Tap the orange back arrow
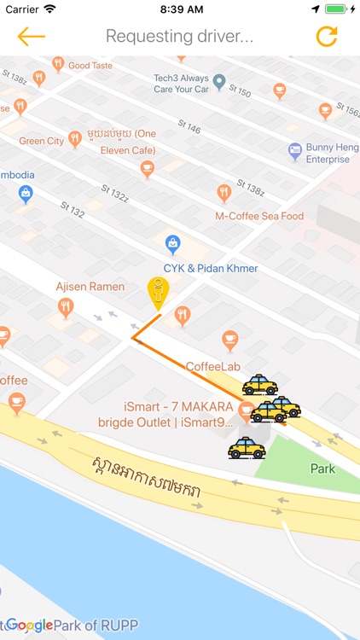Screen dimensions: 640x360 click(31, 37)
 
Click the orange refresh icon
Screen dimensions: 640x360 click(327, 37)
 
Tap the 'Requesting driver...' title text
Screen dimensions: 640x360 click(179, 37)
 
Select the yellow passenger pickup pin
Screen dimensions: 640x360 click(158, 293)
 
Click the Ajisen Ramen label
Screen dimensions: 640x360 click(90, 287)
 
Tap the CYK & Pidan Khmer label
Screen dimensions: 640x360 click(211, 268)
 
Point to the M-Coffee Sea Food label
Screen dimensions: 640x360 click(259, 216)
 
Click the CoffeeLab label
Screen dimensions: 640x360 click(212, 366)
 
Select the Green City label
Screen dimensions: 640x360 click(42, 141)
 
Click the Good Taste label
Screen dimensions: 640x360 click(90, 65)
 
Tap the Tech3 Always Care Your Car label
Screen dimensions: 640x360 click(181, 83)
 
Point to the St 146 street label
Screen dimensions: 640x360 click(189, 128)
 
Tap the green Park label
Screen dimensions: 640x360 click(322, 468)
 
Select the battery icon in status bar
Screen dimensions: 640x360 click(336, 9)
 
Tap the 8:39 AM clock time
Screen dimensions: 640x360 click(180, 9)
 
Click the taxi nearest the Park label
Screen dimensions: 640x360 click(247, 447)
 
